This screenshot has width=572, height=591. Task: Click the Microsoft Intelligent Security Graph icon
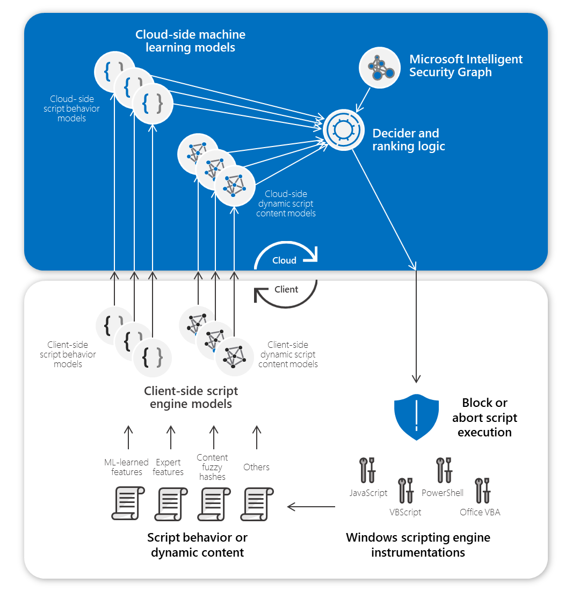point(380,67)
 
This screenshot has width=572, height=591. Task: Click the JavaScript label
point(368,493)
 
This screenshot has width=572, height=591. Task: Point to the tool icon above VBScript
point(406,490)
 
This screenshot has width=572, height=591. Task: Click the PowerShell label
point(443,493)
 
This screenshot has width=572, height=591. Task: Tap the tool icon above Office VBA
point(482,490)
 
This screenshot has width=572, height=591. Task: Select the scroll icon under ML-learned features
point(127,503)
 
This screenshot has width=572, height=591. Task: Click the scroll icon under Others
point(257,503)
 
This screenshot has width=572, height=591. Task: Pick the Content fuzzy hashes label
point(212,467)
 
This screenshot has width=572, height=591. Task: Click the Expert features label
point(168,467)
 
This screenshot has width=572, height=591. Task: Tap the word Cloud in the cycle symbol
point(284,260)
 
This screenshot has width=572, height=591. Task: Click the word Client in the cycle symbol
point(286,289)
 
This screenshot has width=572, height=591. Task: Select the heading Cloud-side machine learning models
point(190,41)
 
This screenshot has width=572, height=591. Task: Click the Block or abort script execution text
point(484,418)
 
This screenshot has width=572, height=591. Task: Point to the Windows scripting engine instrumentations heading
point(418,544)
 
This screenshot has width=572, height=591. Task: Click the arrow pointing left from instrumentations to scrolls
point(312,506)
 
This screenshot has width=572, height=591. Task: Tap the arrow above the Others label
point(256,437)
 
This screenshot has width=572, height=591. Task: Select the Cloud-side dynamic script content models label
point(286,204)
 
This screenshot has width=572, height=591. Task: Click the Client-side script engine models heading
point(191,397)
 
